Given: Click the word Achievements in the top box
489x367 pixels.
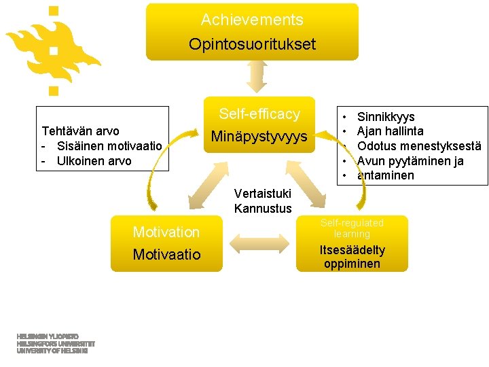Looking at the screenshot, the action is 252,20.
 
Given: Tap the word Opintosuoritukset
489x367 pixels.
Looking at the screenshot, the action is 252,45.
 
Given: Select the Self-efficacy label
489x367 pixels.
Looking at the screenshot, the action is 259,114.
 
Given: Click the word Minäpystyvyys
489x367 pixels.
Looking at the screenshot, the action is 259,137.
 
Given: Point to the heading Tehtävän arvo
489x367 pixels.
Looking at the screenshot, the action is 80,130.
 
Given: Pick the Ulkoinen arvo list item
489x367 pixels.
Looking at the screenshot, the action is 94,161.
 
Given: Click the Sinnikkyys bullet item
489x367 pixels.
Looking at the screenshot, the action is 386,117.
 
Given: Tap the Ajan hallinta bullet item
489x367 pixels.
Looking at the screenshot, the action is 390,131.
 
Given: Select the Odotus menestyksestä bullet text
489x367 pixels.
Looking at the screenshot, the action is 419,146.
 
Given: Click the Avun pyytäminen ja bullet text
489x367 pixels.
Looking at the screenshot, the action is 410,161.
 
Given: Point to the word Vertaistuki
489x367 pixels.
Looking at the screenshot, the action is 262,194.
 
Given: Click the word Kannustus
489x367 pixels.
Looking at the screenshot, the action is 262,209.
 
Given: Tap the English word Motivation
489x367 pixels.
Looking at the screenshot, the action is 166,232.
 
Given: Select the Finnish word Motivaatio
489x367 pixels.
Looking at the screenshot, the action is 166,255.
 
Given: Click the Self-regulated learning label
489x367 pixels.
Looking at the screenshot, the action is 352,228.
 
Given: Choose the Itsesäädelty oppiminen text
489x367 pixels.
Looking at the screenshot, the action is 352,257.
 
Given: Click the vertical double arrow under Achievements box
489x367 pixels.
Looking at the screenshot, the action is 256,76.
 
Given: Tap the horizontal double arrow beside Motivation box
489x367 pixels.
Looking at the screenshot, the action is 258,243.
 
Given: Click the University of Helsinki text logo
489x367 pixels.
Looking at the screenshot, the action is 56,344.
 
